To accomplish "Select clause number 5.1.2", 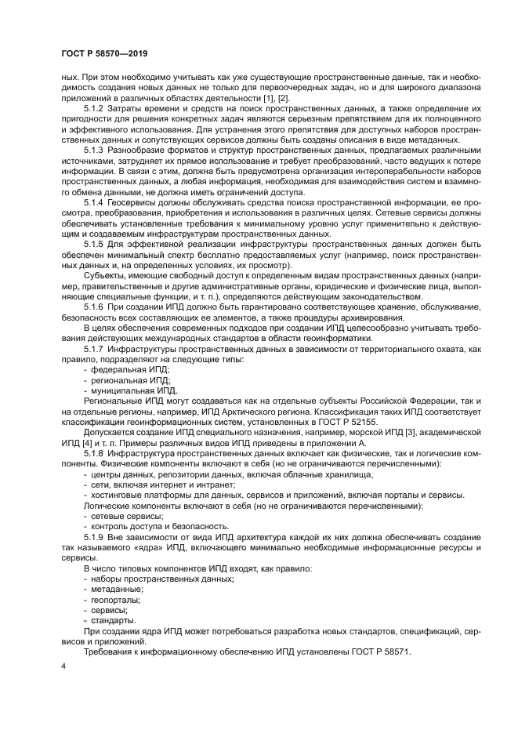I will pos(95,107).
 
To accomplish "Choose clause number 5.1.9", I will pos(95,538).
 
